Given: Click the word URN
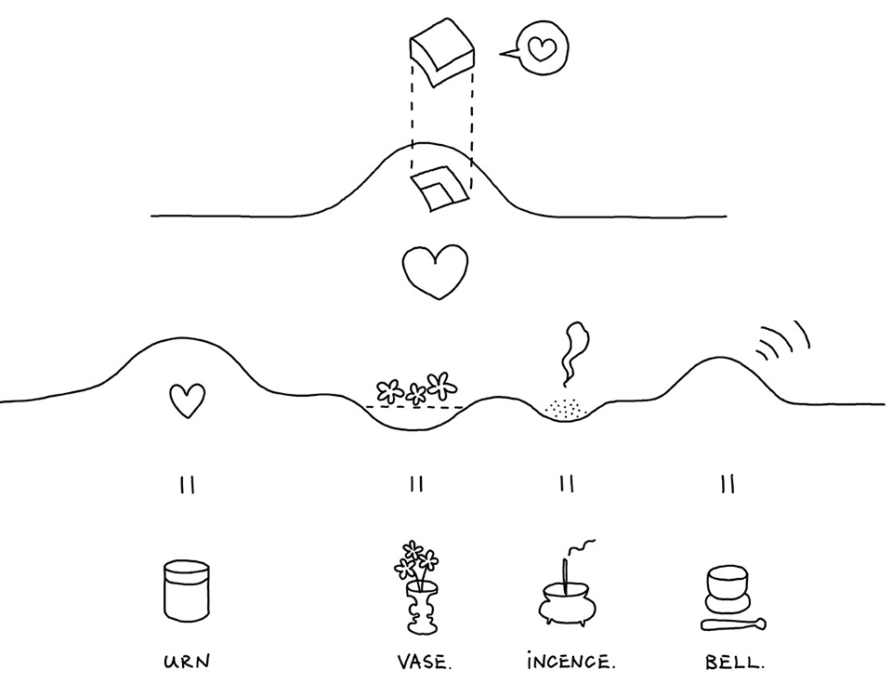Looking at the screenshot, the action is click(187, 662).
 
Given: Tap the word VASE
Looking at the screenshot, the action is click(425, 662).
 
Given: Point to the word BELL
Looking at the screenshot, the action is click(734, 662).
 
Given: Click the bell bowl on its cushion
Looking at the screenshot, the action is click(728, 588).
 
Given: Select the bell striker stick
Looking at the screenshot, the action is click(733, 624).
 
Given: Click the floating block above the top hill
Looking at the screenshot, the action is click(442, 52).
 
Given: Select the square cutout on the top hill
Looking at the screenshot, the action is click(439, 189).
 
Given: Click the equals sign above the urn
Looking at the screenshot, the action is click(188, 485).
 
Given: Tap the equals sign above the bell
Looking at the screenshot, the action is click(728, 483).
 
